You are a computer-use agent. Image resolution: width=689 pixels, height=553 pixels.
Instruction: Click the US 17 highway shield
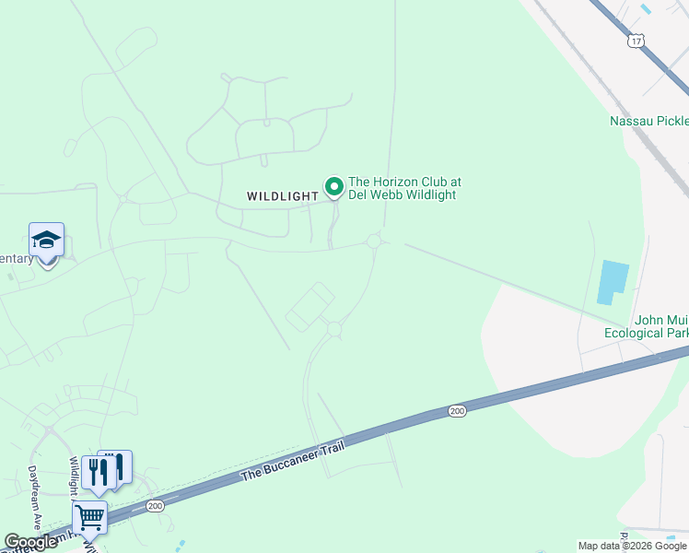tap(636, 40)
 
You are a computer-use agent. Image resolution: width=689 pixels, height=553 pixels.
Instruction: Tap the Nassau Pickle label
tap(648, 121)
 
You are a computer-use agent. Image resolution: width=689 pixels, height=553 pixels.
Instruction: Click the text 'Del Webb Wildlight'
tap(402, 194)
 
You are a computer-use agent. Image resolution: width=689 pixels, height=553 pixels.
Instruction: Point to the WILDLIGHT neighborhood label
tap(282, 195)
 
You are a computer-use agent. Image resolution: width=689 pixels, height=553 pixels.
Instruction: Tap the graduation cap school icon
tap(46, 241)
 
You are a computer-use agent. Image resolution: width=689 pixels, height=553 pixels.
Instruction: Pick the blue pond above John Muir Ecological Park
tap(613, 282)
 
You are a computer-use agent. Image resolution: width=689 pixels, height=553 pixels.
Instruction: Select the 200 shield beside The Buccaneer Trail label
tap(457, 411)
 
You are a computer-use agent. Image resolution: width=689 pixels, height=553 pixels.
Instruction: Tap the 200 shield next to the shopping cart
tap(155, 505)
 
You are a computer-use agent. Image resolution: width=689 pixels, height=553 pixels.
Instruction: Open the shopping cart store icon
tap(89, 518)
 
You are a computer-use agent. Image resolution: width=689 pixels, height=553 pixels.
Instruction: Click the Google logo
tap(30, 542)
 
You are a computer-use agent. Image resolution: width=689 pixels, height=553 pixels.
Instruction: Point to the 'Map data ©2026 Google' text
tap(631, 546)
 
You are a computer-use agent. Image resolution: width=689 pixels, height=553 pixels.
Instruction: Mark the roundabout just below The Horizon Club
tap(373, 241)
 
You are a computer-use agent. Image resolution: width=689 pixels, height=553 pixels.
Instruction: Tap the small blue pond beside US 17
tap(645, 8)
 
